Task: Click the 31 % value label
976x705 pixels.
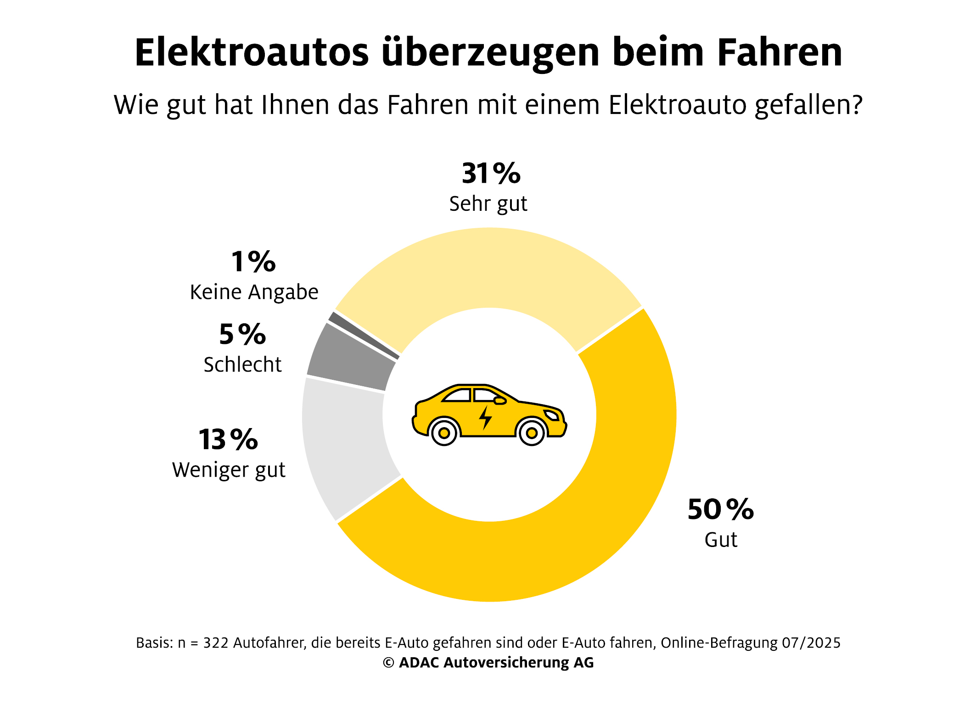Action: tap(491, 174)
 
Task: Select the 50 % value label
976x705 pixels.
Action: tap(720, 509)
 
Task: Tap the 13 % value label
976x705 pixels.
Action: tap(228, 440)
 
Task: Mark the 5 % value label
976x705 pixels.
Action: tap(242, 334)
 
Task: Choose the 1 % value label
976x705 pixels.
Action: tap(253, 262)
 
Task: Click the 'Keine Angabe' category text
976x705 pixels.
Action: tap(254, 292)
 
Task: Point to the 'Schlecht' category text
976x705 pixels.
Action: tap(242, 365)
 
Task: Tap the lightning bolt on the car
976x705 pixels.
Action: tap(485, 417)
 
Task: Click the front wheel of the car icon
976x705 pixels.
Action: tap(532, 433)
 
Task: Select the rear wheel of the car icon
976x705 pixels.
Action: tap(444, 433)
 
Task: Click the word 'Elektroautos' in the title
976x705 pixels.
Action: tap(252, 52)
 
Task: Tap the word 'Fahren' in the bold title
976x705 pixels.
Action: tap(780, 52)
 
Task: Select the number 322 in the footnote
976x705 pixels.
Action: tap(216, 643)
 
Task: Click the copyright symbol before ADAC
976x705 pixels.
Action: tap(388, 663)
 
